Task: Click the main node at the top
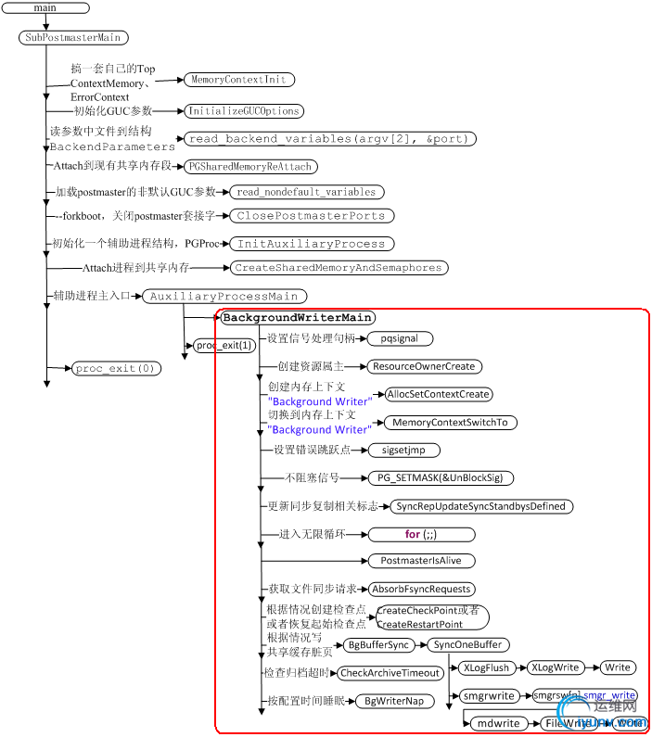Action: [x=45, y=7]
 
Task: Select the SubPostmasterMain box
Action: [x=72, y=38]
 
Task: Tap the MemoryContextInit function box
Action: [x=238, y=81]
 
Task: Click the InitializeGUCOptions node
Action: [x=243, y=111]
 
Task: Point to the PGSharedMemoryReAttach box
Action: [x=250, y=167]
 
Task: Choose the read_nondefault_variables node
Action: [x=306, y=192]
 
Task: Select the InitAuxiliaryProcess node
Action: [x=311, y=244]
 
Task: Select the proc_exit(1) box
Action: [x=223, y=346]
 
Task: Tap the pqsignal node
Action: [x=400, y=339]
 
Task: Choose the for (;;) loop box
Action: [x=421, y=535]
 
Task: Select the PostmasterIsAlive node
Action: [x=421, y=561]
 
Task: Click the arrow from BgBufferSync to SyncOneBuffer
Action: [x=416, y=645]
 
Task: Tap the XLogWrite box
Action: [x=555, y=667]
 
